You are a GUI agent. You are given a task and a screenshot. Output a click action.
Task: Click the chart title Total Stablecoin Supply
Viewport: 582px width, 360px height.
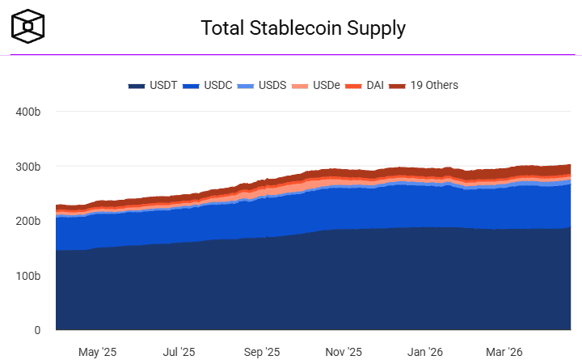303,28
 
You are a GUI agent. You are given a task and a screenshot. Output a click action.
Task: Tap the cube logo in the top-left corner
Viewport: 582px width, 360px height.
28,27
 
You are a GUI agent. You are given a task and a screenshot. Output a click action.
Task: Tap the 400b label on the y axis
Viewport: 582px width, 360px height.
28,112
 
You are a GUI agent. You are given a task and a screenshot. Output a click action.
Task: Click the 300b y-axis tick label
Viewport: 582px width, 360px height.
28,167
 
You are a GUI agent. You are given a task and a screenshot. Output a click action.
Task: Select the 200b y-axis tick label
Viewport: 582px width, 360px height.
28,221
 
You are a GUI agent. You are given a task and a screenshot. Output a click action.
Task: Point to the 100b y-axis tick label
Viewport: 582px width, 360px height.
28,276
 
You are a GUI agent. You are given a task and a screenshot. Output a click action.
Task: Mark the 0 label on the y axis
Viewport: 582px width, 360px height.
37,330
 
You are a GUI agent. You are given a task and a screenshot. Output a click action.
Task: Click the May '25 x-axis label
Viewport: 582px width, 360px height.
97,352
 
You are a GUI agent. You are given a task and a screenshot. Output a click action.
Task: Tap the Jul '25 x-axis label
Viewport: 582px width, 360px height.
179,352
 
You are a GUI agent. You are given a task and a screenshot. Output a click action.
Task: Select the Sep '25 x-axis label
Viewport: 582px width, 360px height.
261,352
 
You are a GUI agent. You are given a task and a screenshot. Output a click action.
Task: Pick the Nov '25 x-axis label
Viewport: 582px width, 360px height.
344,352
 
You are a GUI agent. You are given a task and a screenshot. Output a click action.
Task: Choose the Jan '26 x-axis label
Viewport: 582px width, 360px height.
425,352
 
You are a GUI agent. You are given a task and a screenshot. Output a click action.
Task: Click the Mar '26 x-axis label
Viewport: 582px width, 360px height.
504,352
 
